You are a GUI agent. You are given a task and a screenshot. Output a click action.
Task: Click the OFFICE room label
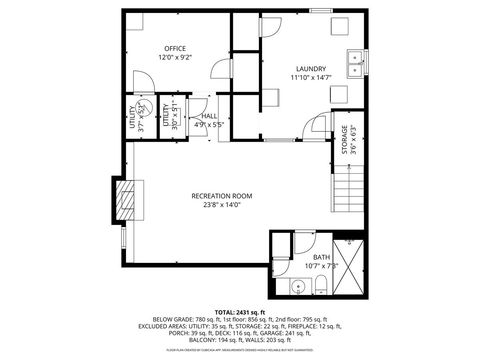click(176, 48)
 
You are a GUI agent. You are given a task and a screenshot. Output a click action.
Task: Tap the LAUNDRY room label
click(310, 68)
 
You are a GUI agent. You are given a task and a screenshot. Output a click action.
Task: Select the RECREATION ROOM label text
click(221, 196)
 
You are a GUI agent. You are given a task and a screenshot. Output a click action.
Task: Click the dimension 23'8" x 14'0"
click(221, 206)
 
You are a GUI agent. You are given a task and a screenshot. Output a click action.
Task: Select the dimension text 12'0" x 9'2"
click(176, 58)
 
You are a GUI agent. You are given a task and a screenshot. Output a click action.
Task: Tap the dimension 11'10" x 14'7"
click(310, 77)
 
